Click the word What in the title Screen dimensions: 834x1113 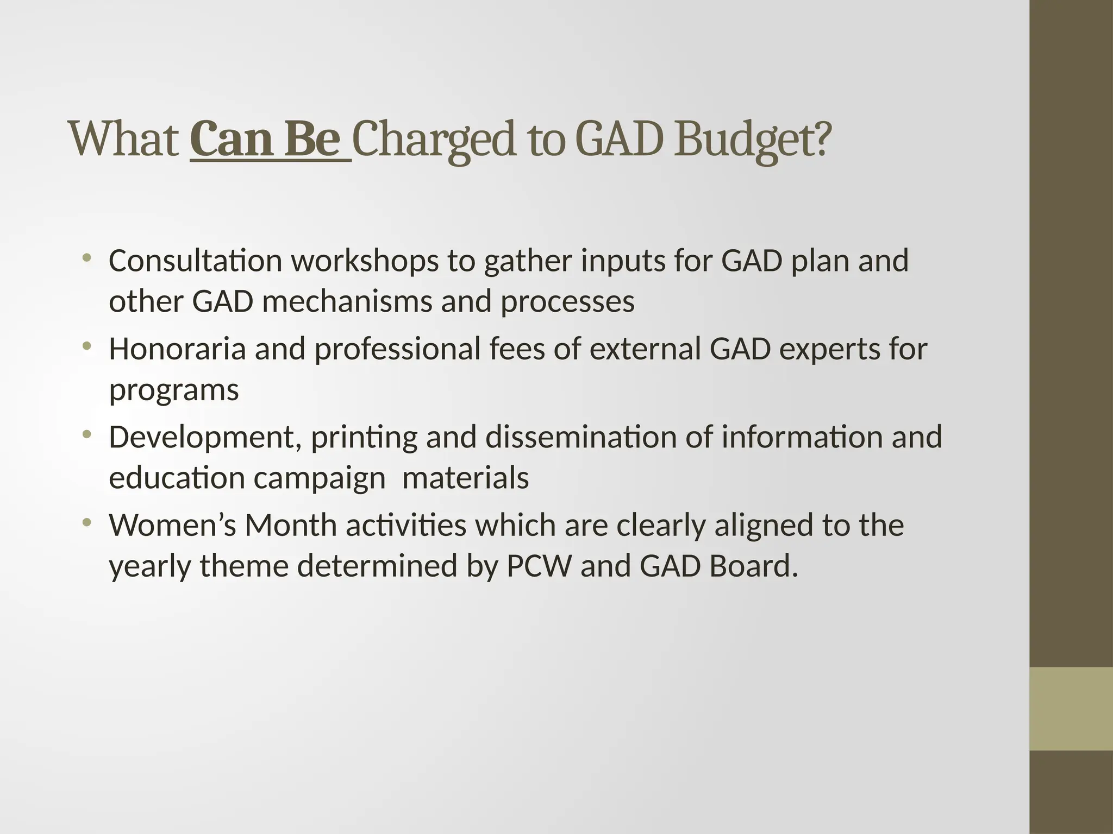point(124,140)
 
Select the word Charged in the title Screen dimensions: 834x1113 point(433,140)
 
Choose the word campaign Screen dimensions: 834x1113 point(320,478)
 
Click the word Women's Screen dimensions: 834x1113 point(172,525)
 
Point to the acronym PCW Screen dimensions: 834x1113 point(539,566)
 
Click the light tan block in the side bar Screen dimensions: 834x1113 point(1071,709)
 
